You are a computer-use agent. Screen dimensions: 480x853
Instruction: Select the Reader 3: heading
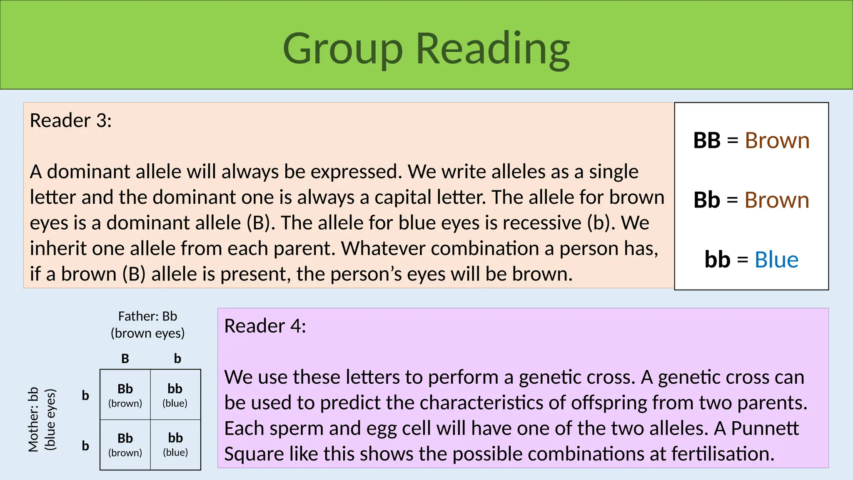(71, 121)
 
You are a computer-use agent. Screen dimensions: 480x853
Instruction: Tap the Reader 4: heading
(265, 326)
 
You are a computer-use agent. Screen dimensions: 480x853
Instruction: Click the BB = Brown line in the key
(751, 141)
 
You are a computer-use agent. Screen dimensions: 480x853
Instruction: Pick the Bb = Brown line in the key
(751, 200)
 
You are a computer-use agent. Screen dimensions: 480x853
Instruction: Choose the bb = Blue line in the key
(751, 260)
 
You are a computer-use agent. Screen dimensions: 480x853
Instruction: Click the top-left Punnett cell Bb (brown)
(125, 395)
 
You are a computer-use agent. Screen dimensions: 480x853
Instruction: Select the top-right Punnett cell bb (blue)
(175, 395)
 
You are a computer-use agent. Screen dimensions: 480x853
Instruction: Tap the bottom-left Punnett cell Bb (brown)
(125, 444)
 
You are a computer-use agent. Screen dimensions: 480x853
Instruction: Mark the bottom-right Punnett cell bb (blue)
(175, 444)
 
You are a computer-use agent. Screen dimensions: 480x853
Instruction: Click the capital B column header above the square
(125, 359)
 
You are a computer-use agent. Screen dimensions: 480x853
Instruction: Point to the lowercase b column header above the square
(177, 359)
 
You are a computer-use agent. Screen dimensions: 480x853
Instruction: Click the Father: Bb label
(147, 317)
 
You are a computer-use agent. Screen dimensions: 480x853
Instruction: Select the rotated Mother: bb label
(33, 419)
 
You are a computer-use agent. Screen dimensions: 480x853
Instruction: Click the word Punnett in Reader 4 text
(765, 428)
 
